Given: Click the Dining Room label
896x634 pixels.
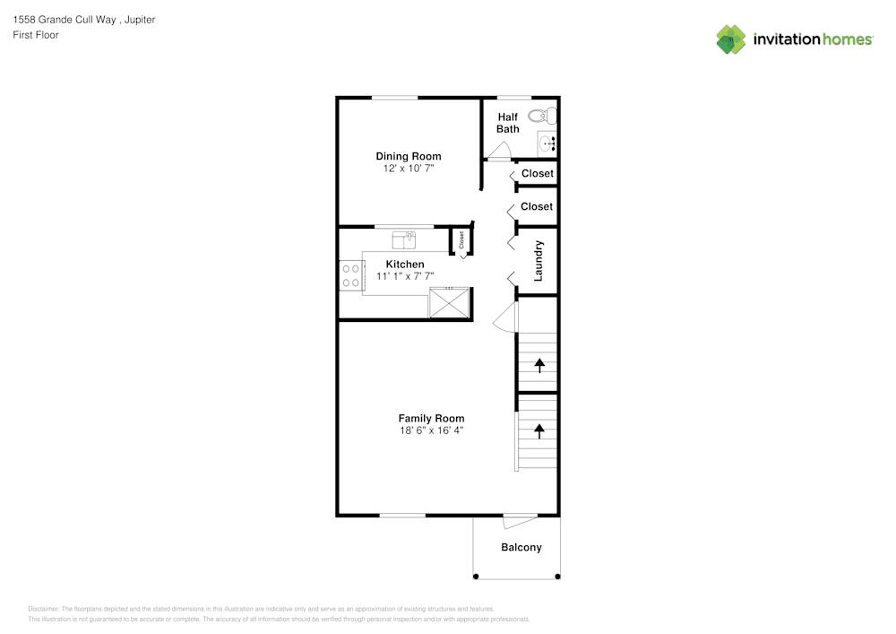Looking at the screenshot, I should click(x=408, y=156).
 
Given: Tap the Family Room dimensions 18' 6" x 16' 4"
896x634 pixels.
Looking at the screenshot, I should click(x=431, y=430).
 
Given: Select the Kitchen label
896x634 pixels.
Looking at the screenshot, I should click(x=405, y=264).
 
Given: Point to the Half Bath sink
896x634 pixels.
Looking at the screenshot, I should click(x=548, y=143).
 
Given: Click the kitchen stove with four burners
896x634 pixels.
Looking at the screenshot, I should click(x=349, y=274).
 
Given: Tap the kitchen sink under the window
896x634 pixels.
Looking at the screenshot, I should click(x=404, y=239).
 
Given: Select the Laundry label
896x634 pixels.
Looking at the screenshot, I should click(x=538, y=261).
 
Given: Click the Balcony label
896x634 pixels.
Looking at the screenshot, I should click(x=521, y=547).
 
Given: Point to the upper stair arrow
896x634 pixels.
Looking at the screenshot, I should click(x=539, y=364).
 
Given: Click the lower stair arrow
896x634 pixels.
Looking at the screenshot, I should click(x=539, y=430).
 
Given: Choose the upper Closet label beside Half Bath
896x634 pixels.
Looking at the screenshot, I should click(x=537, y=173).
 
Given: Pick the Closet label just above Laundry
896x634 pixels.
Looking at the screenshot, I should click(x=537, y=206).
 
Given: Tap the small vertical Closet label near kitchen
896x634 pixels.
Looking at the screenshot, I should click(x=461, y=239).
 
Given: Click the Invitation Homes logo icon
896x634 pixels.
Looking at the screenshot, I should click(x=730, y=39).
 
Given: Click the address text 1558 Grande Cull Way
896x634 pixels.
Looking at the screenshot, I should click(x=65, y=19).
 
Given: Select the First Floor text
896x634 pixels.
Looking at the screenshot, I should click(x=36, y=35).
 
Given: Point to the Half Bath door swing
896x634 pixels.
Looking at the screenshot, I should click(x=500, y=152).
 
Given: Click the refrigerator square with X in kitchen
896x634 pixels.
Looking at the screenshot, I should click(x=449, y=303).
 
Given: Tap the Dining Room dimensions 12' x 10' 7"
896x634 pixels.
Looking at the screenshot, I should click(x=408, y=169).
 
